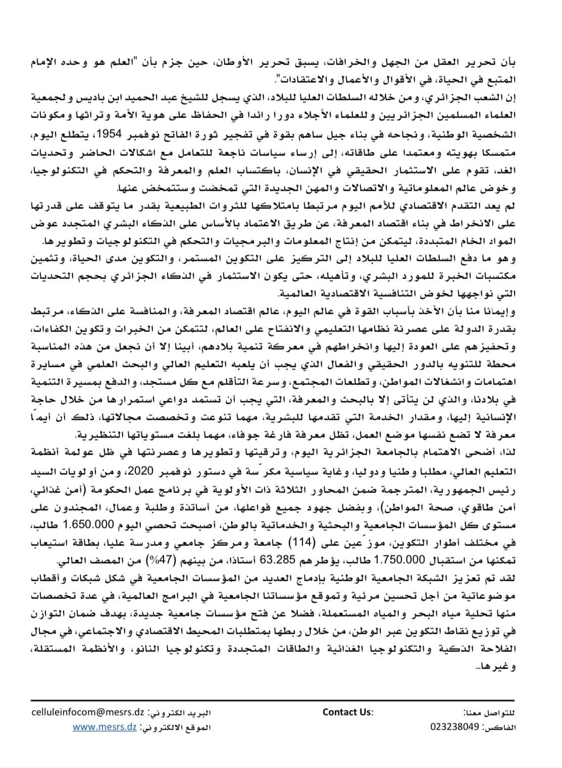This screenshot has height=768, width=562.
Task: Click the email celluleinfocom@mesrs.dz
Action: [88, 712]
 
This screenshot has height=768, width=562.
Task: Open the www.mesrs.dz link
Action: [104, 727]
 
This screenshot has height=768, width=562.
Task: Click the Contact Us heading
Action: [347, 712]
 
